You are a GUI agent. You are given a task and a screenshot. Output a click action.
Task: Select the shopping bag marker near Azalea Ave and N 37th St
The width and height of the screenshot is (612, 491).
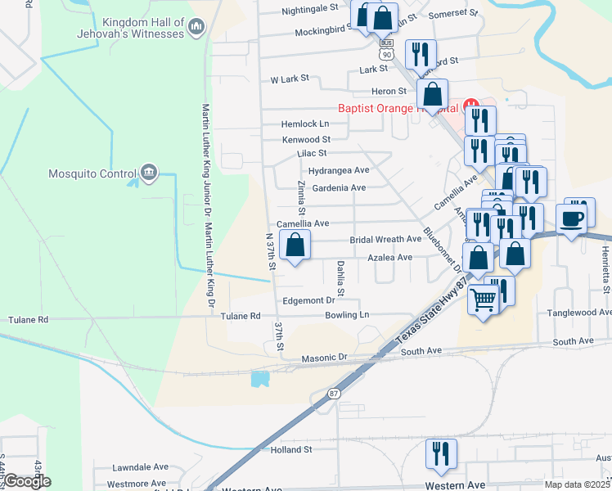[295, 244]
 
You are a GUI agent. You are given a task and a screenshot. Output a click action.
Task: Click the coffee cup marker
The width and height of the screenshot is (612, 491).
[571, 218]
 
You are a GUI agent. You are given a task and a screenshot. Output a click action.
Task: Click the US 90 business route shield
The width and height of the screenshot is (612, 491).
[385, 49]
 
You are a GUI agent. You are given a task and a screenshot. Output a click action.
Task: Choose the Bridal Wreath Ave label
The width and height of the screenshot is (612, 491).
[385, 240]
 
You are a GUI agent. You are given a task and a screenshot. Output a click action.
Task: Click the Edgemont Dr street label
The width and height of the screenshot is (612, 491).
[308, 301]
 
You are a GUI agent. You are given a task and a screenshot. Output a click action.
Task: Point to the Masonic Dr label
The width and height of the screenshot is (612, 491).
[325, 358]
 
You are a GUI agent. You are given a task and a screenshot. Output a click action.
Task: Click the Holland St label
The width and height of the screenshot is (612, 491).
[291, 449]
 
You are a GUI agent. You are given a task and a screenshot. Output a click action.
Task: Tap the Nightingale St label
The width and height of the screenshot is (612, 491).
[309, 9]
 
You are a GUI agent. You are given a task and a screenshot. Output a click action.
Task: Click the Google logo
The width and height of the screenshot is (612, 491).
[26, 481]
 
